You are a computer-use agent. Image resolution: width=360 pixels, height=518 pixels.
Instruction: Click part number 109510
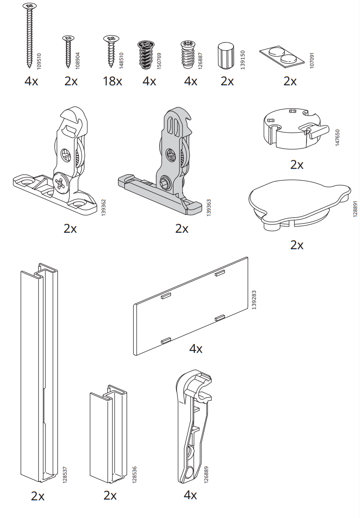pyautogui.click(x=39, y=61)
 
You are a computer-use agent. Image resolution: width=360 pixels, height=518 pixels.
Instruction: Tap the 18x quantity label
pyautogui.click(x=112, y=81)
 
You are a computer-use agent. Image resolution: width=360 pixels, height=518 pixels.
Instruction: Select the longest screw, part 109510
pyautogui.click(x=29, y=36)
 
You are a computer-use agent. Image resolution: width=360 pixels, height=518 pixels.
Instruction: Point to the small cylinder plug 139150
pyautogui.click(x=225, y=56)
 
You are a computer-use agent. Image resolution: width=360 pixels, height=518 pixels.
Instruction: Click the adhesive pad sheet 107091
pyautogui.click(x=282, y=57)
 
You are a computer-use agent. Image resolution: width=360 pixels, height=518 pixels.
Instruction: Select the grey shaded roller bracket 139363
pyautogui.click(x=160, y=161)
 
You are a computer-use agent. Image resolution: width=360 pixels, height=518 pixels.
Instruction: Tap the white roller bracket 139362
pyautogui.click(x=55, y=161)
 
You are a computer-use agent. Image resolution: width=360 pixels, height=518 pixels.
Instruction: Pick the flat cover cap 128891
pyautogui.click(x=300, y=205)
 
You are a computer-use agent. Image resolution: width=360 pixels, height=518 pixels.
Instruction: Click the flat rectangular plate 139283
pyautogui.click(x=191, y=306)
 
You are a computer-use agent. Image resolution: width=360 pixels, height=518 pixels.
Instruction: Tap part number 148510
pyautogui.click(x=121, y=61)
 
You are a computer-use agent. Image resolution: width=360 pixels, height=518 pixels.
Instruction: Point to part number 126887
pyautogui.click(x=200, y=61)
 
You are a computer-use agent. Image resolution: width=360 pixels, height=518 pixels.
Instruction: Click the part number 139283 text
pyautogui.click(x=254, y=300)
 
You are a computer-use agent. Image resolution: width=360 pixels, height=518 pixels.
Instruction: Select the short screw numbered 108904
pyautogui.click(x=68, y=51)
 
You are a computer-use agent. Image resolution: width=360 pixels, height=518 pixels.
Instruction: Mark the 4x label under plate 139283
pyautogui.click(x=196, y=348)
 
